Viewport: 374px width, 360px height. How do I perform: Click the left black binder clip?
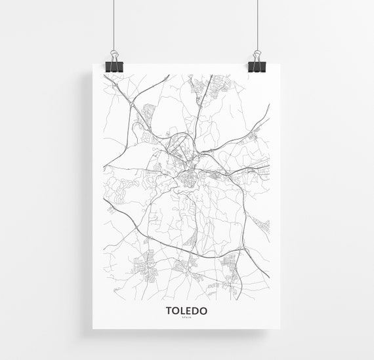click(113, 66)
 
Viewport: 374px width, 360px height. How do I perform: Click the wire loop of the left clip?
click(113, 54)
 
